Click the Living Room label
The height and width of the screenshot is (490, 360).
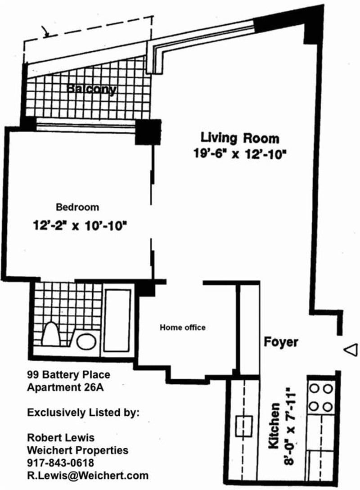click(240, 138)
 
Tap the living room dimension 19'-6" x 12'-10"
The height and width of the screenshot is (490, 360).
click(240, 154)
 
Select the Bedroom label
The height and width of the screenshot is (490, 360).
click(77, 207)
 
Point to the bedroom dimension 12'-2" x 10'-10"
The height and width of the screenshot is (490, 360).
click(80, 225)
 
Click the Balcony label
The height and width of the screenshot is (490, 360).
click(91, 90)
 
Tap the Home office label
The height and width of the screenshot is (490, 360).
click(183, 327)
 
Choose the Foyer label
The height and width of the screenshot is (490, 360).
click(281, 342)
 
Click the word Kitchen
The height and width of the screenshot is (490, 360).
click(274, 426)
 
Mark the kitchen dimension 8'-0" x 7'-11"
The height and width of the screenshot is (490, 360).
click(290, 426)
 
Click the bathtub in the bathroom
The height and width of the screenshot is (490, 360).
click(117, 321)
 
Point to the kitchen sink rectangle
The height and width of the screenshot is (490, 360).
click(244, 426)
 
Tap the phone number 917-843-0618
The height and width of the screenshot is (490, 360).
click(61, 463)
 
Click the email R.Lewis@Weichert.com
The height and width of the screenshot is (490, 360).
click(88, 476)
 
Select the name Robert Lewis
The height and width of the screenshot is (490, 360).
click(61, 437)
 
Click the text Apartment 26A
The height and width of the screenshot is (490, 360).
click(65, 387)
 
